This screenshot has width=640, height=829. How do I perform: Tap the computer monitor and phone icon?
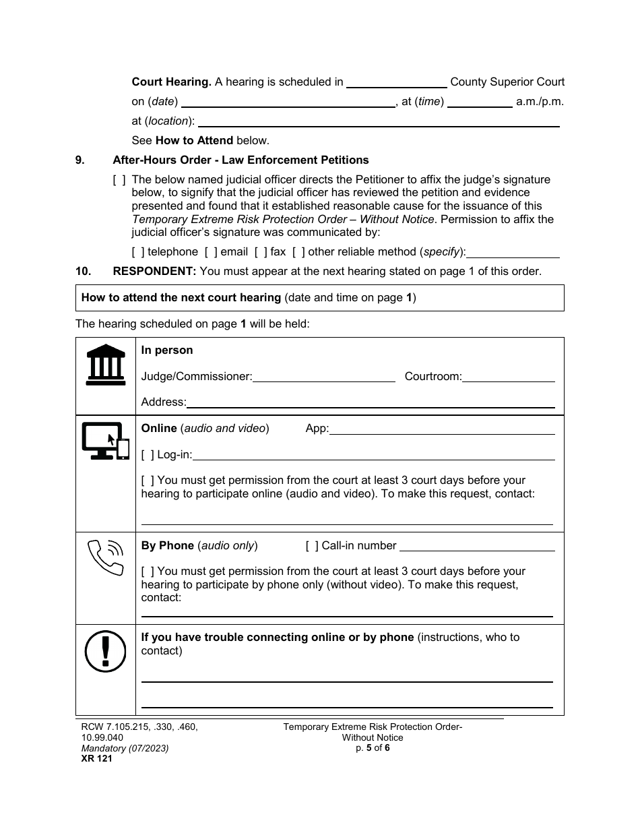pos(105,441)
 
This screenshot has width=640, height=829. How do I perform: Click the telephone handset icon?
pos(106,557)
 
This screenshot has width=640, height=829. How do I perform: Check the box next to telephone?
pos(138,252)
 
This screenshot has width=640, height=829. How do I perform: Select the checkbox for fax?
pos(261,252)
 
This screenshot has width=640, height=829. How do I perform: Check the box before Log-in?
pos(148,455)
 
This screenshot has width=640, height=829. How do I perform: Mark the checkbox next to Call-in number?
pos(312,546)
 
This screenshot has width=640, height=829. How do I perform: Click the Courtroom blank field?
pos(509,377)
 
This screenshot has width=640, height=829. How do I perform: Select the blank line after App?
pos(442,429)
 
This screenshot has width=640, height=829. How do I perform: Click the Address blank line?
pos(371,403)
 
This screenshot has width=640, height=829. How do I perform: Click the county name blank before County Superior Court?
pos(396,83)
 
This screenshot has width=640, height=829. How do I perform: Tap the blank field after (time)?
pos(480,102)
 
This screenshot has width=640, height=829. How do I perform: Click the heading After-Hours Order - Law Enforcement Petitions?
pos(241,160)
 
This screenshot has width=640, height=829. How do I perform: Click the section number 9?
pos(80,160)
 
